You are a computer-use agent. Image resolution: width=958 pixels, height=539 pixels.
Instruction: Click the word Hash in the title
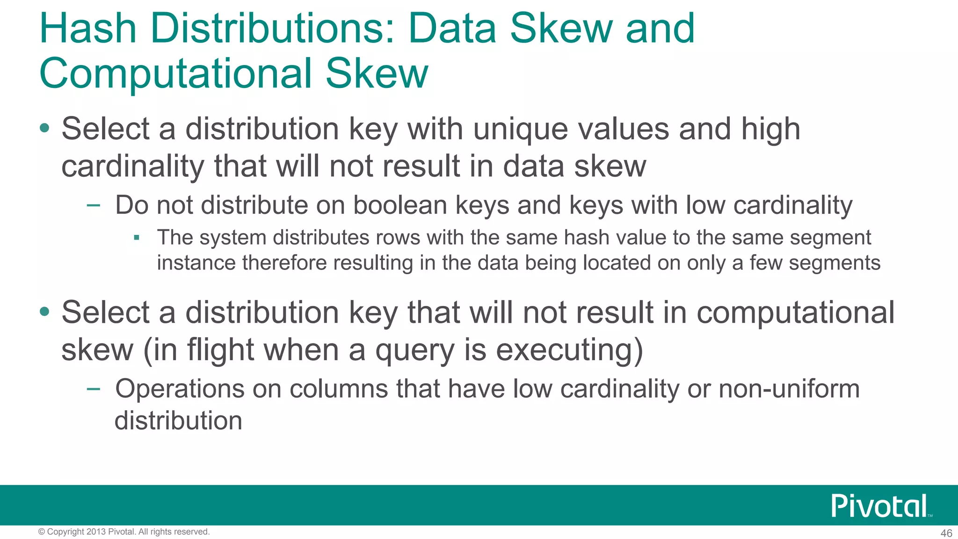[87, 29]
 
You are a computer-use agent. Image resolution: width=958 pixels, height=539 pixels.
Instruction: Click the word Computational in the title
[175, 73]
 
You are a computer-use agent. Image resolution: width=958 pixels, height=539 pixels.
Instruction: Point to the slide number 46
[946, 533]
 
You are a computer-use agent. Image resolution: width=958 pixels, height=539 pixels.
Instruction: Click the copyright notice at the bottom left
[123, 532]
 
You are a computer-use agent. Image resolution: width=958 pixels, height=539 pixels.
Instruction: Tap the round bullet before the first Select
[44, 128]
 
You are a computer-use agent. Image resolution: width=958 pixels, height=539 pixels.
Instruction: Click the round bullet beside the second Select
[44, 312]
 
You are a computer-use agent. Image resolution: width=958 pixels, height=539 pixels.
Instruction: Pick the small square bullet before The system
[137, 238]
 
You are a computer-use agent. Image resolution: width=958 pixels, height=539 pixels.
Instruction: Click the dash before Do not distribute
[94, 205]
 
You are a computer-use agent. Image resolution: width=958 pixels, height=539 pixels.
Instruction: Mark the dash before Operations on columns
[94, 388]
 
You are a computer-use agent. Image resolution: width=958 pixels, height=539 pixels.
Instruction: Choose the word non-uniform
[789, 389]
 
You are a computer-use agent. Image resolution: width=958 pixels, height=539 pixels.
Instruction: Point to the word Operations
[180, 389]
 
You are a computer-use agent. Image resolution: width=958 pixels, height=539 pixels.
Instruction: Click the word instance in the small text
[196, 263]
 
